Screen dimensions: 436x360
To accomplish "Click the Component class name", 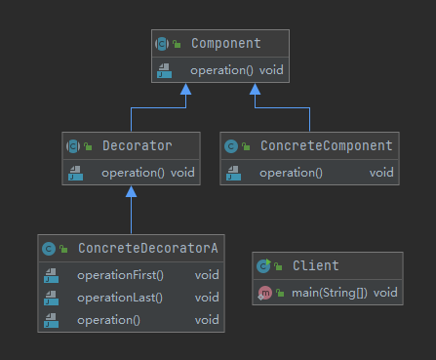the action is coord(226,43).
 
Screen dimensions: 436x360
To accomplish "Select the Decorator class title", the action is coord(138,145).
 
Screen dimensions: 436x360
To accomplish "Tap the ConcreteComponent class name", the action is coord(327,145).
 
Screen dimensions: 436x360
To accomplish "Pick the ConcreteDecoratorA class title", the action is coord(148,248).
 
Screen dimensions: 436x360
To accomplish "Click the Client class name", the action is coord(316,265).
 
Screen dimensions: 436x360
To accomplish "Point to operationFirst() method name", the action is coord(120,275).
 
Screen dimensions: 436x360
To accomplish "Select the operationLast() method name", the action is coord(120,298).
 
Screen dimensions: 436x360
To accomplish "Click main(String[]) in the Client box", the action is coord(330,293).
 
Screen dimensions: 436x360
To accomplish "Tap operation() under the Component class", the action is coord(221,70).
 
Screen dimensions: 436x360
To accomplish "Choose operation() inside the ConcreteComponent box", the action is coord(291,173).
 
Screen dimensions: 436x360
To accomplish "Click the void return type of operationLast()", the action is coord(207,298).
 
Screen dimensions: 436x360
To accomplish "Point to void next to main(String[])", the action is coord(385,293).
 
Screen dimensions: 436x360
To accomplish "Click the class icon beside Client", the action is coord(263,265).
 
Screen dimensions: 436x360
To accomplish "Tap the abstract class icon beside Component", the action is coord(162,44).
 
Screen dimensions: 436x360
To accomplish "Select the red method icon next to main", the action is coord(264,293).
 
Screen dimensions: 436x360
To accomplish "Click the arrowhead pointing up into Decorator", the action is coord(131,191).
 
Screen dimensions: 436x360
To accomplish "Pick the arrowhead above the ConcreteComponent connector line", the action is coord(255,89).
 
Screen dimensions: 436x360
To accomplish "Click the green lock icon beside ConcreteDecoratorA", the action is coord(63,249).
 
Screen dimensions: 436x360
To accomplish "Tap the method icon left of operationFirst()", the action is coord(52,275).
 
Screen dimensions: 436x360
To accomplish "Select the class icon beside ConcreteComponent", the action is coord(231,146).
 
